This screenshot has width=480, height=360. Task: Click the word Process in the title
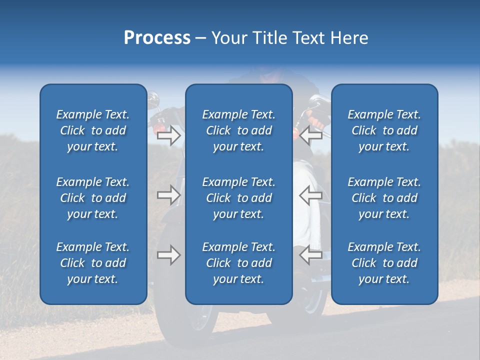pos(157,38)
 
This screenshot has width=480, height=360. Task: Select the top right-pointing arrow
pos(169,135)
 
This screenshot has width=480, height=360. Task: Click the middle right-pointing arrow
pos(169,195)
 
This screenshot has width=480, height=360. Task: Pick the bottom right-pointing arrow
pos(169,255)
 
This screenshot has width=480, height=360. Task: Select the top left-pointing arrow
pos(311,135)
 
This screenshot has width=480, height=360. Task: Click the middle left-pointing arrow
pos(311,195)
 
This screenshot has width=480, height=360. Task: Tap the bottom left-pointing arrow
pos(311,255)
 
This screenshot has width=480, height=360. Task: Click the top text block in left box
pos(93,130)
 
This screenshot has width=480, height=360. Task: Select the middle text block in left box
pos(93,198)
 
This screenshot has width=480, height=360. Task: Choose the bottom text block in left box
pos(93,263)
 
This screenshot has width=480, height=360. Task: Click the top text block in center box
pos(239,130)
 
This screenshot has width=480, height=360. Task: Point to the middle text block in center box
pos(239,198)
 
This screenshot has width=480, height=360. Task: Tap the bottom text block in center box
pos(239,263)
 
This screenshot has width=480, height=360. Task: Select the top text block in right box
pos(384,130)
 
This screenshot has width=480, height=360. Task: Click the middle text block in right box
pos(384,198)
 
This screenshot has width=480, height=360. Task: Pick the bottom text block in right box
pos(384,263)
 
